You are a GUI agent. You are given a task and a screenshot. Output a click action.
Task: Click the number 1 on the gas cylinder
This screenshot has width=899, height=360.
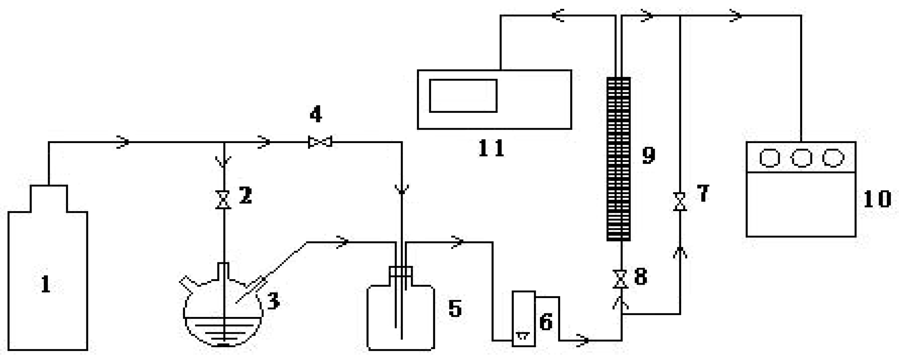[x=46, y=284]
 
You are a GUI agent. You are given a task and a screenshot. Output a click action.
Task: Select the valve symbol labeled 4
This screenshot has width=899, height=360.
[x=320, y=142]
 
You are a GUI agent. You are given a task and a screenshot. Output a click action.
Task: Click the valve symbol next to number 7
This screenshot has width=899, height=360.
[x=680, y=202]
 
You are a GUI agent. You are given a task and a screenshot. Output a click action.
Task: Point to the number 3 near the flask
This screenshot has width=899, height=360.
[x=273, y=301]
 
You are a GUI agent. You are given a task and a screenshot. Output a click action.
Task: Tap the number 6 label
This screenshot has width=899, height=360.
[x=546, y=322]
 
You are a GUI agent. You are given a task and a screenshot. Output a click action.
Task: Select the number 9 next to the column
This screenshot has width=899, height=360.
[x=648, y=155]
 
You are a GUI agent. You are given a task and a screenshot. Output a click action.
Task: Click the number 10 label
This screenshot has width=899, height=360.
[x=877, y=199]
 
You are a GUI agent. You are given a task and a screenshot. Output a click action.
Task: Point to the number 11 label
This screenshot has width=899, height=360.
[x=491, y=148]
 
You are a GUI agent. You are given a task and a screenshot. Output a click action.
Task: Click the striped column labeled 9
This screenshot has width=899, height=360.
[x=618, y=159]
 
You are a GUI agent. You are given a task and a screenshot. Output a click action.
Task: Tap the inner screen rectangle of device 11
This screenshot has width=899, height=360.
[x=463, y=96]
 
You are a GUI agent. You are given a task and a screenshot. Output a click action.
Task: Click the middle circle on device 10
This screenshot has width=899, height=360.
[x=801, y=158]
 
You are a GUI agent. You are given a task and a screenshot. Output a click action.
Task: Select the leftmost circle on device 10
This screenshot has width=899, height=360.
[x=770, y=158]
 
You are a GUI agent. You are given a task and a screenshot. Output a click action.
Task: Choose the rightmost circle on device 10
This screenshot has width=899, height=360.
[x=833, y=158]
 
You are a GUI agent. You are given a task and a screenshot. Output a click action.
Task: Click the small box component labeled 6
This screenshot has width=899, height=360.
[x=524, y=318]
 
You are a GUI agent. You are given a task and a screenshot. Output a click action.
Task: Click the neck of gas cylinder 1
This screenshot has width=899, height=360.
[x=49, y=198]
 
